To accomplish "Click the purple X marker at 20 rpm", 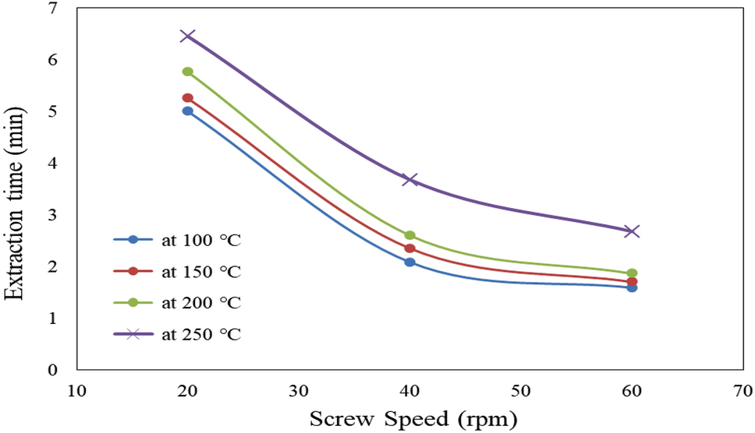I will pos(187,36).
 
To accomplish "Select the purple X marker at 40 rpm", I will pos(409,180).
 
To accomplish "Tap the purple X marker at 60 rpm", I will pos(632,231).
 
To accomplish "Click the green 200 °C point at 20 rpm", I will pos(187,72).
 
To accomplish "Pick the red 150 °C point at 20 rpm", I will pos(187,98).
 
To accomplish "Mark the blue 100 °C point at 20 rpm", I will pos(187,111).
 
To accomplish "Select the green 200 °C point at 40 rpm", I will pos(409,235).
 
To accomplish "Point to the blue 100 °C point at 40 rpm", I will pos(409,262).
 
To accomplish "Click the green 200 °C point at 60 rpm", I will pos(632,273).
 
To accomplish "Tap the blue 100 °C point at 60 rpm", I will pos(632,287).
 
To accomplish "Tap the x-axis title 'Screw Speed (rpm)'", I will pos(414,420).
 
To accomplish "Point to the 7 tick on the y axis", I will pos(53,8).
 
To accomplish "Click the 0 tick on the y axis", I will pos(53,370).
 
